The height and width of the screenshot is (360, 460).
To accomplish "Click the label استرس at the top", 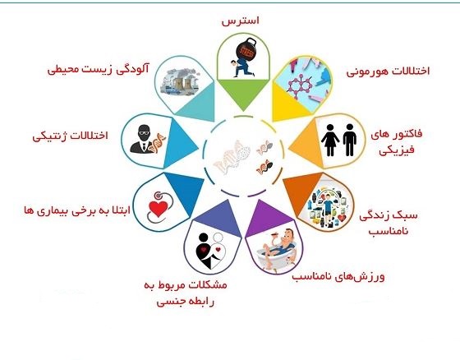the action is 240,21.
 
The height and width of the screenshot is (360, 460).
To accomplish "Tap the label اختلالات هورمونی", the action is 388,72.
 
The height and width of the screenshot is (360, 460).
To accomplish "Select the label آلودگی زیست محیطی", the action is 99,69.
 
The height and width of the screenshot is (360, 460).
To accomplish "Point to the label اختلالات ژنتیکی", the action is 70,136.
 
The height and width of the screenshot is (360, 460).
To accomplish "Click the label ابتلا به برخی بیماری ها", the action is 77,210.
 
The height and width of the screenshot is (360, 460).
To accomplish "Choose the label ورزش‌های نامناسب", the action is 338,277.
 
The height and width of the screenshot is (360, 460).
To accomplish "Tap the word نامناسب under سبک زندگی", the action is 389,231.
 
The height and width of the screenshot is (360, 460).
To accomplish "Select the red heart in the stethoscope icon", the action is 159,209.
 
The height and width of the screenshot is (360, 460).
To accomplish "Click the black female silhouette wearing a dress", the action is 330,140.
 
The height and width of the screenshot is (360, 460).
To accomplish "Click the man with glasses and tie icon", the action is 143,139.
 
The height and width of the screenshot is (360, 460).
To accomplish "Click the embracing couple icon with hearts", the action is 211,251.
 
